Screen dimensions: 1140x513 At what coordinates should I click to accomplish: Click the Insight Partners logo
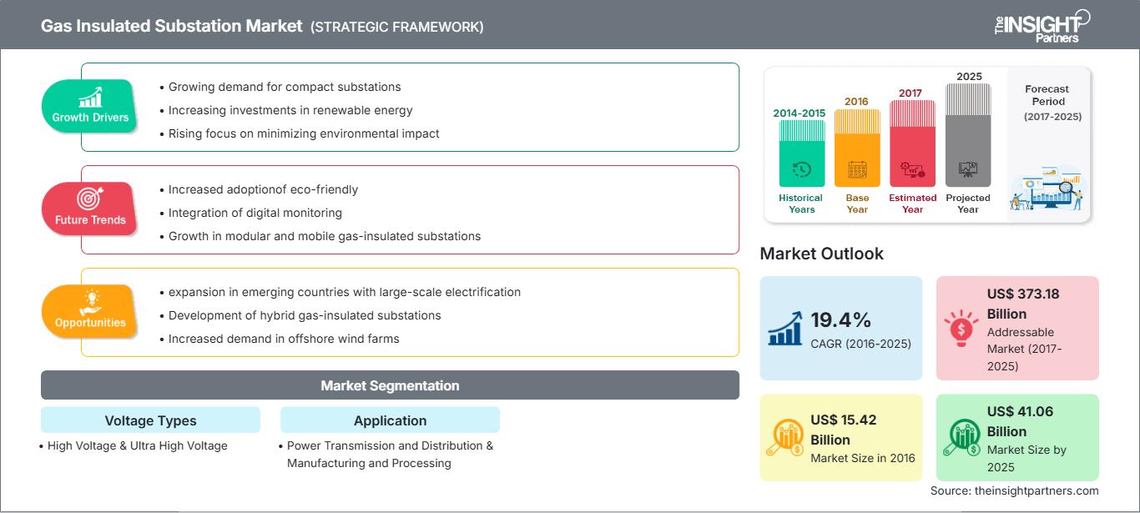1042,26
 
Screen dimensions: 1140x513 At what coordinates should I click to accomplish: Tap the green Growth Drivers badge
89,106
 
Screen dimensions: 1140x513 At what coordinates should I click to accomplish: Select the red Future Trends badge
89,209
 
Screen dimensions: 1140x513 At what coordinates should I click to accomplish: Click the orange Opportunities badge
89,311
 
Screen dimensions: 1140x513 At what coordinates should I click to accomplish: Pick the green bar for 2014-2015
801,153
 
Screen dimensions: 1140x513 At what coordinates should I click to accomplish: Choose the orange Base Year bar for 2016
857,148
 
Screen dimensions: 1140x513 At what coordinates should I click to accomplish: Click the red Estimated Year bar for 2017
912,143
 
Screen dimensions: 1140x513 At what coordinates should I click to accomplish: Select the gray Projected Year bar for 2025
968,135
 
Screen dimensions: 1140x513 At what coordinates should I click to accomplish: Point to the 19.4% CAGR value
840,320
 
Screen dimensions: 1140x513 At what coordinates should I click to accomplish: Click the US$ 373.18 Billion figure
1023,304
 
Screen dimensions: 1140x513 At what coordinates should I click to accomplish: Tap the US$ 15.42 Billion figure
843,430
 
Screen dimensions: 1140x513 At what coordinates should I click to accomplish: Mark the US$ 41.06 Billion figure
1020,421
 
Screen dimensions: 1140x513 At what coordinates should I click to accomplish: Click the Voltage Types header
151,420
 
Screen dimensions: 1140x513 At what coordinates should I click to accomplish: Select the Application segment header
390,420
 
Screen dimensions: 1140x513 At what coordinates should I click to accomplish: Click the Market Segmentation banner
390,385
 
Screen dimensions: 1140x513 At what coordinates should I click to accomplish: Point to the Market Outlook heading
821,254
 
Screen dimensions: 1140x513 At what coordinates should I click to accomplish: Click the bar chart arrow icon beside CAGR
785,329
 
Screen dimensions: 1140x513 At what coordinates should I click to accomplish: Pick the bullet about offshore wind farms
280,339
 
